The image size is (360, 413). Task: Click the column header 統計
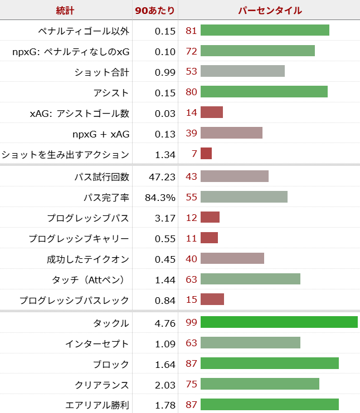pos(65,10)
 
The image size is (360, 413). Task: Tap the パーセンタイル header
pos(270,10)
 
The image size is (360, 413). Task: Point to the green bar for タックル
pos(279,322)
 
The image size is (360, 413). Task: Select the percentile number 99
pos(191,323)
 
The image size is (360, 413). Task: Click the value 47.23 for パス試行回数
pos(163,176)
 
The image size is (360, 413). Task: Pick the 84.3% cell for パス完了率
pos(160,197)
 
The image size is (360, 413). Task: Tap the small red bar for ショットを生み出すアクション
pos(206,154)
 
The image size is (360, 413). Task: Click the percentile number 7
pos(194,154)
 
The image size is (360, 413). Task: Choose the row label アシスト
pos(111,92)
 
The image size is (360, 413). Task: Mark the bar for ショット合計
pos(242,71)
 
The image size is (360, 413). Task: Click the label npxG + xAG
pos(100,134)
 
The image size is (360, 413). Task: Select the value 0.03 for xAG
pos(166,113)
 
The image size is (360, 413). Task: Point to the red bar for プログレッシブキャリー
pos(209,238)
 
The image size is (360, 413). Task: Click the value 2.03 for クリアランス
pos(166,385)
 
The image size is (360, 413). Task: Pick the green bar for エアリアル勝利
pos(269,405)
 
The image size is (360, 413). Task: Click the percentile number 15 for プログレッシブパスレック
pos(191,300)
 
